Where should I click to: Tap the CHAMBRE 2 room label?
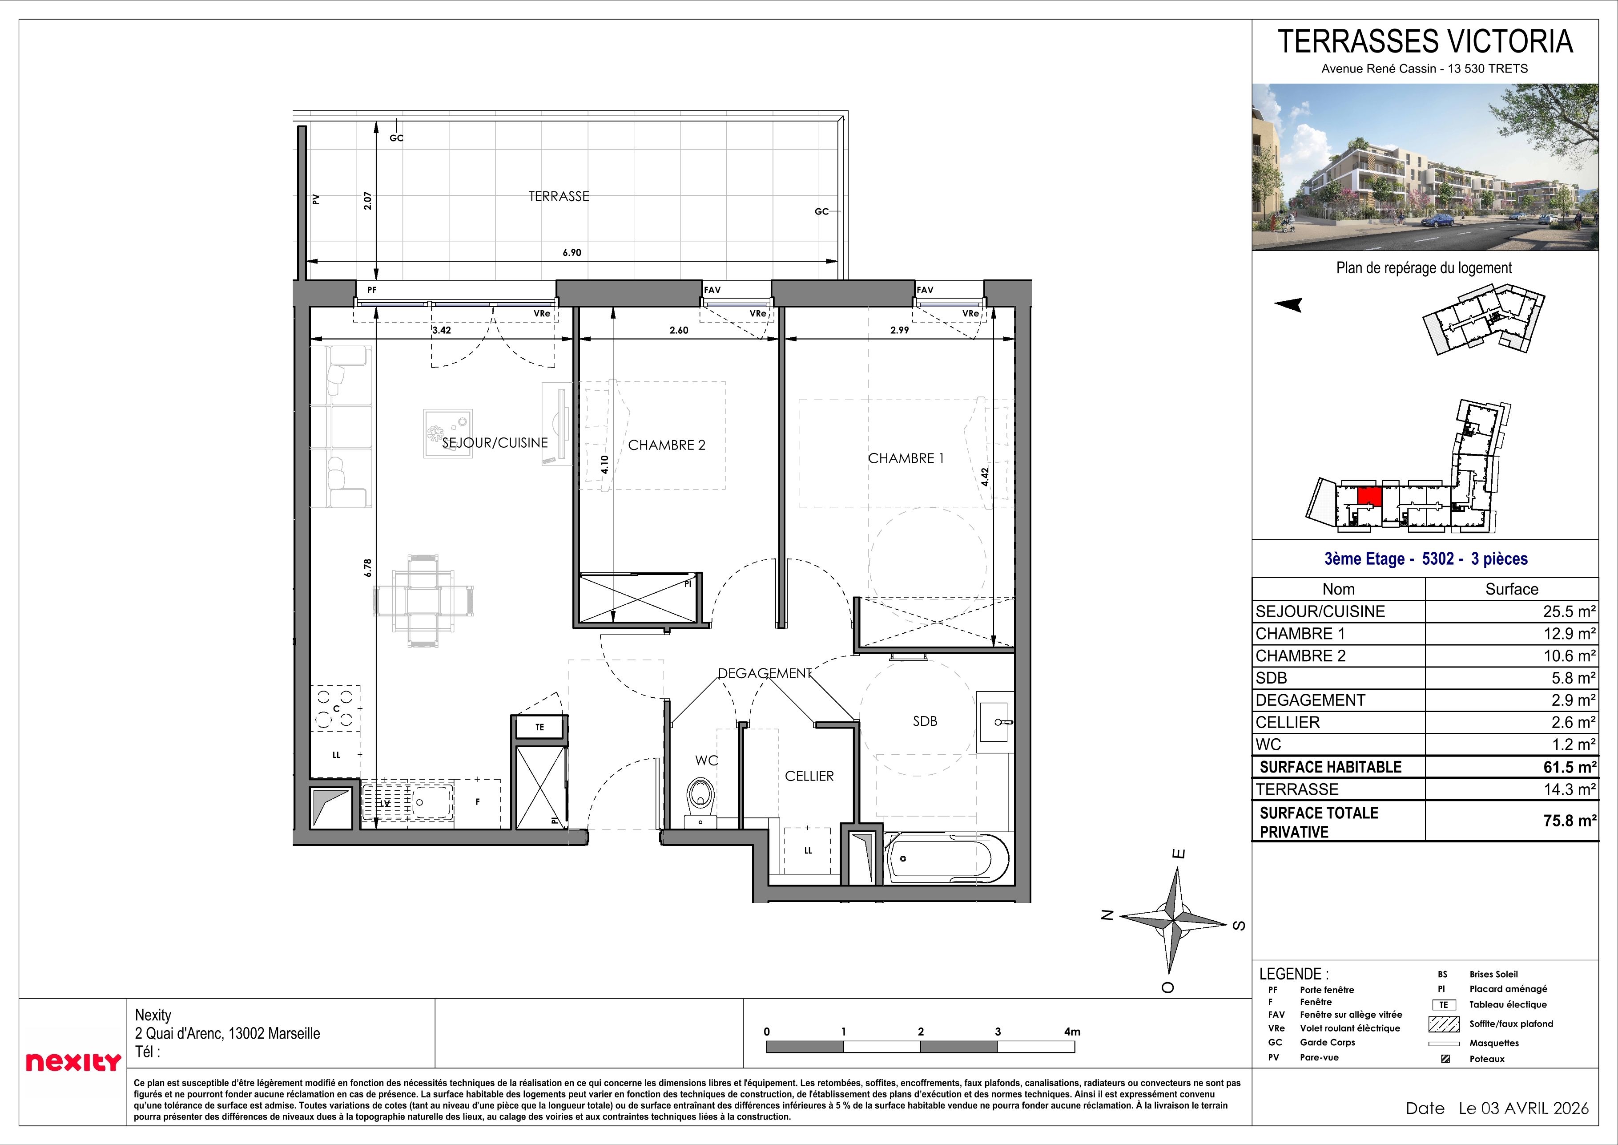coord(667,445)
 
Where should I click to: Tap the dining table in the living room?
coord(423,600)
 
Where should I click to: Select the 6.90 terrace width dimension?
coord(572,252)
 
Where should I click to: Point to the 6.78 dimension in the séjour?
coord(368,568)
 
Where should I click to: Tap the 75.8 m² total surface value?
coord(1570,820)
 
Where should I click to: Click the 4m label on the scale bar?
coord(1072,1032)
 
